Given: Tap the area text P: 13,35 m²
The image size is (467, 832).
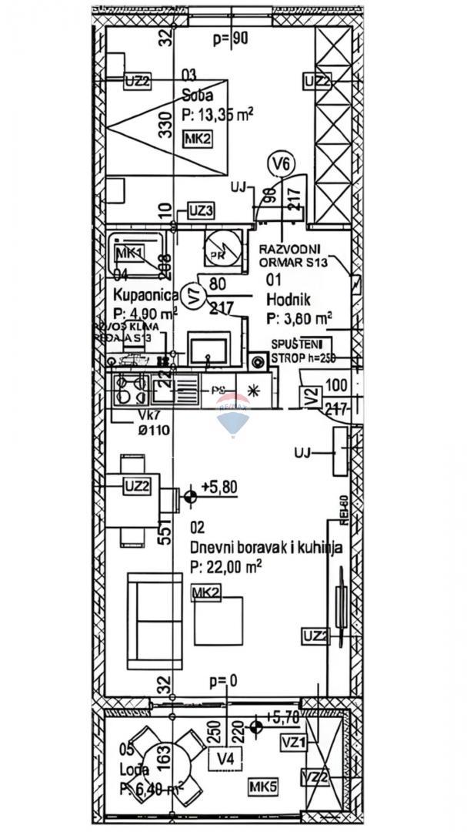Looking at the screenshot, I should pyautogui.click(x=218, y=115).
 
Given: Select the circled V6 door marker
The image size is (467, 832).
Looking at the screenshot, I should pyautogui.click(x=283, y=164).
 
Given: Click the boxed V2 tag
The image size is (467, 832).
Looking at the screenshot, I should pyautogui.click(x=311, y=397).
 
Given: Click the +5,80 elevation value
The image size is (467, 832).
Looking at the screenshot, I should pyautogui.click(x=218, y=487).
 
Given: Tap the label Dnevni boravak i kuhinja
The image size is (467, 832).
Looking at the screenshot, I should pyautogui.click(x=266, y=548).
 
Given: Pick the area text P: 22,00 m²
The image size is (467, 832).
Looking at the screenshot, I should pyautogui.click(x=226, y=565).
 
